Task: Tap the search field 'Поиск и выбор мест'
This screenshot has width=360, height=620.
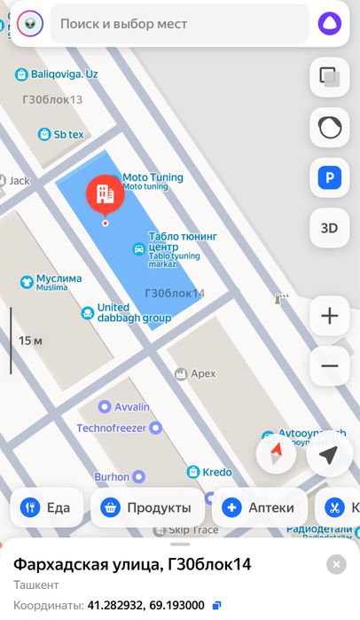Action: (x=177, y=24)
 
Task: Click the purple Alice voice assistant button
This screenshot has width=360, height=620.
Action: (x=330, y=24)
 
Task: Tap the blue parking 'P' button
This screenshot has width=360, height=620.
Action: (x=329, y=179)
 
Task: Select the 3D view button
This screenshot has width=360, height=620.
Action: (x=329, y=227)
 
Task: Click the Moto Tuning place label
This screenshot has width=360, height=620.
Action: (x=153, y=178)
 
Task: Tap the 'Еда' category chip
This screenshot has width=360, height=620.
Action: (x=47, y=507)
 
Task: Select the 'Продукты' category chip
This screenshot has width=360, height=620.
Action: (x=147, y=507)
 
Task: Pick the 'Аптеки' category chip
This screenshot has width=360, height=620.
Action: (x=259, y=507)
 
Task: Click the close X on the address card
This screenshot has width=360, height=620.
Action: (x=336, y=564)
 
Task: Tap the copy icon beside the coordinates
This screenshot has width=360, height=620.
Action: (x=217, y=605)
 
